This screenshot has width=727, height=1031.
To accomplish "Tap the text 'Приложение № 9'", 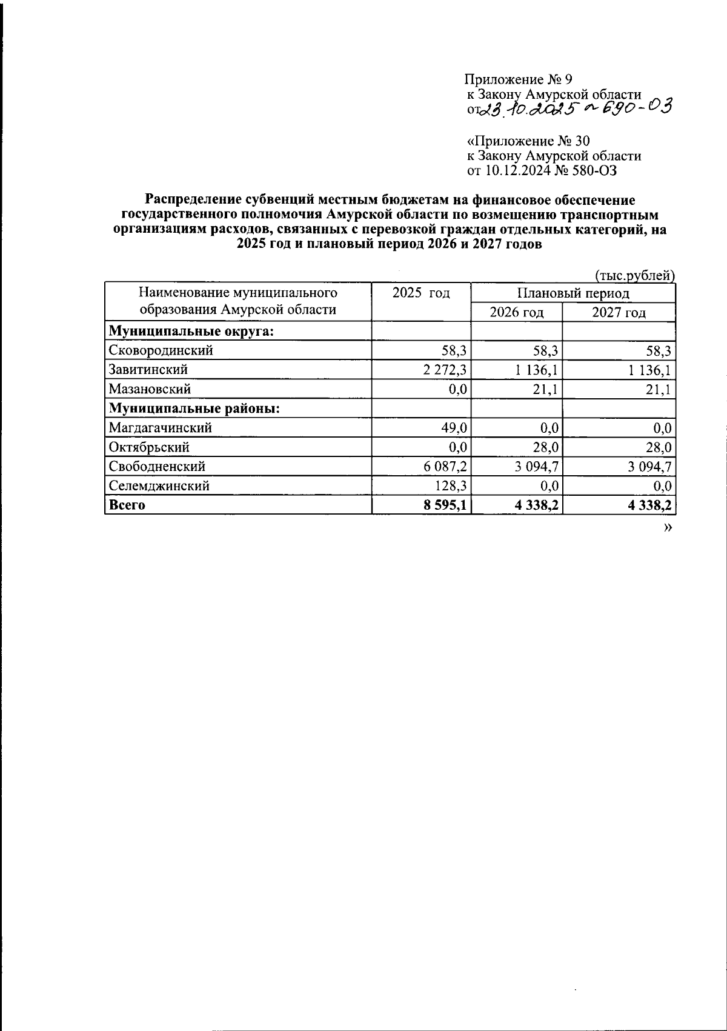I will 518,79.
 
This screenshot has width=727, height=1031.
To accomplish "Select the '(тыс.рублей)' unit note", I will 635,276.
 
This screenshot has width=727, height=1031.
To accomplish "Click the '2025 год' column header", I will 421,293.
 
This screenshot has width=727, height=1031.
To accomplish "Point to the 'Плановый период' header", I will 573,293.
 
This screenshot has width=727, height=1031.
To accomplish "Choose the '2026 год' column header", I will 516,313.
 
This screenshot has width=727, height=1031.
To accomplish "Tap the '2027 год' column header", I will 619,313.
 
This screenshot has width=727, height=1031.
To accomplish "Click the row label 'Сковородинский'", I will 161,350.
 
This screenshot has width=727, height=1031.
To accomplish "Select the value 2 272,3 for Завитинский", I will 445,370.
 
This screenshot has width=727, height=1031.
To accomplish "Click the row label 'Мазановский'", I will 150,389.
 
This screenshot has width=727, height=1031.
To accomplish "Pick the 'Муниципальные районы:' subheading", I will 194,409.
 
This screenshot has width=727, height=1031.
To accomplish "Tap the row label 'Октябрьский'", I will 149,447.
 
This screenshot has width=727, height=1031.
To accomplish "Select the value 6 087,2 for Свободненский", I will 445,467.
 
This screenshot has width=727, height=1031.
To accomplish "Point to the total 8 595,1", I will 445,505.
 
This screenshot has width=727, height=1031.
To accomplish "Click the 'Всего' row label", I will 127,505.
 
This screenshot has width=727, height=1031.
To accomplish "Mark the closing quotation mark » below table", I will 668,528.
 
